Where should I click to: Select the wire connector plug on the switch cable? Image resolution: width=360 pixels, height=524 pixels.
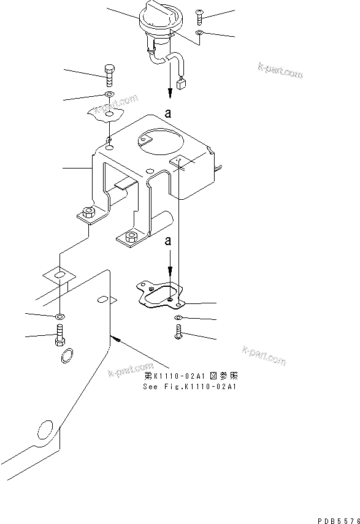[x=181, y=85]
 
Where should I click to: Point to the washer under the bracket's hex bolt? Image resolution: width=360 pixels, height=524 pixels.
[x=109, y=94]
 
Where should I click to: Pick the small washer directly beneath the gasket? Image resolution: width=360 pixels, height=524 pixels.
[x=177, y=317]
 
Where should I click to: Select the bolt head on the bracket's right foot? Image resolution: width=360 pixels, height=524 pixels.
[x=130, y=236]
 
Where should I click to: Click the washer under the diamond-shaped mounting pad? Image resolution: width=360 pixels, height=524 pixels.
[x=59, y=316]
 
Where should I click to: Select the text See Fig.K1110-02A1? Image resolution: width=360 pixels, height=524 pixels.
[x=190, y=387]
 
